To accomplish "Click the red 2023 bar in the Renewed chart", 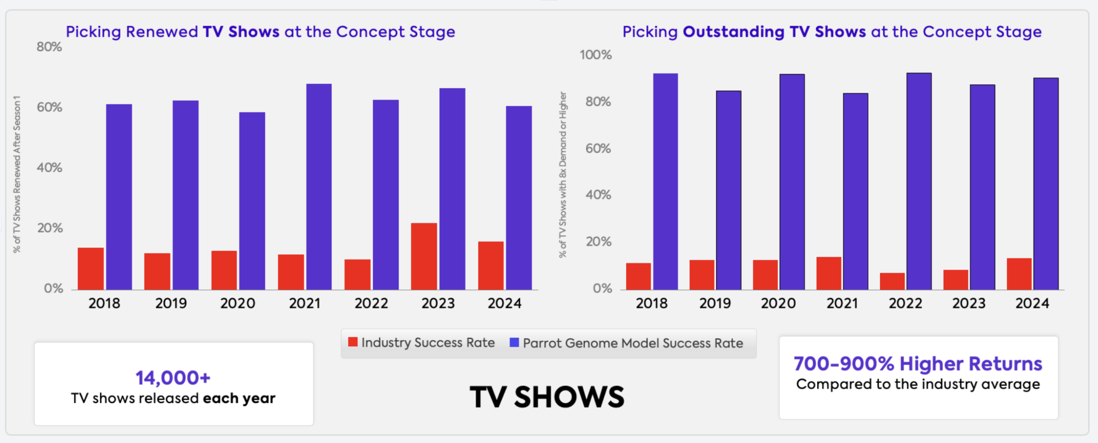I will [424, 256].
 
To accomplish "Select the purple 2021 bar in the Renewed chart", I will [319, 187].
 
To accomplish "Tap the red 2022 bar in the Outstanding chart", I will [892, 281].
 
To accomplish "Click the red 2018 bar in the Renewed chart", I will [90, 268].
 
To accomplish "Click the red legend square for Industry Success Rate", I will [352, 342].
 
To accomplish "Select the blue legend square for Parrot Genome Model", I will [514, 342].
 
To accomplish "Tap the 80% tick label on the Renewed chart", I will [49, 47].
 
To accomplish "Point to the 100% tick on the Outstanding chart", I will [595, 55].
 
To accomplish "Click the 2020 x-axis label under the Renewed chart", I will [238, 304].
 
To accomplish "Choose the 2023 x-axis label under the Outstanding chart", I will [969, 304].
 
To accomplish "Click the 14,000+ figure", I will [173, 378].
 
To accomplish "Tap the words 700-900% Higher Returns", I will [918, 364].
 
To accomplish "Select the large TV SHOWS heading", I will [547, 397].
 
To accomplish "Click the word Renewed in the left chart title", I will [161, 32].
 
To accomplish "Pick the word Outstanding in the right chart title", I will [734, 32].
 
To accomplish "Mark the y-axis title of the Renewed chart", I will [17, 174].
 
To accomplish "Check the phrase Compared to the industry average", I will [918, 384].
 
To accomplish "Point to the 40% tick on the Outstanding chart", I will [598, 195].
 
